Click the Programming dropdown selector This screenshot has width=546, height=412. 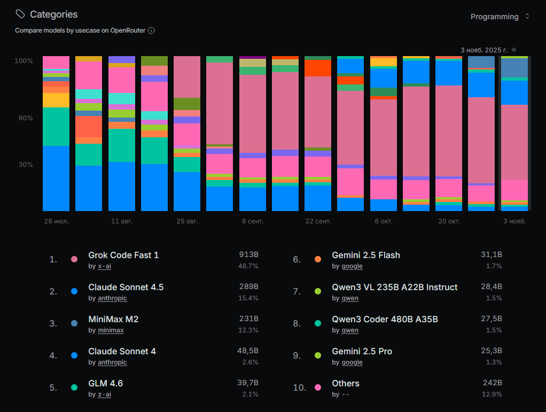[500, 17]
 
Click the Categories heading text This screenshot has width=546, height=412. [53, 14]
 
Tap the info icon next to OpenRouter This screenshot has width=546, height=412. [151, 30]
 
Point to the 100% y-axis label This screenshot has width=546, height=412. [24, 61]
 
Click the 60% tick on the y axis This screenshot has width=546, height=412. [25, 118]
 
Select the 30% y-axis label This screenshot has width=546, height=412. [25, 165]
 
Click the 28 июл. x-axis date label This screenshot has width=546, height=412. [56, 221]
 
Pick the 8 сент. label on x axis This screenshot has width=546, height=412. [253, 221]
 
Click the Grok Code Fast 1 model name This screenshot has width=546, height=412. [123, 255]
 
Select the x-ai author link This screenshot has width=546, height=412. [104, 266]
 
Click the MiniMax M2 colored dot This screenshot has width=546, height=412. [74, 323]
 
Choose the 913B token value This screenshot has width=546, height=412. [249, 254]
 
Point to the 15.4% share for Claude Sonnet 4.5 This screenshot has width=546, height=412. [248, 298]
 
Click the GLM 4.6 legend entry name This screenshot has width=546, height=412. [105, 383]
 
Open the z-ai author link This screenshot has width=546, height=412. [104, 394]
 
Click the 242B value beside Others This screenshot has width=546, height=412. [492, 383]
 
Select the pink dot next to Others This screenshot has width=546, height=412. [318, 387]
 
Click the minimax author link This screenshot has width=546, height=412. [111, 330]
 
